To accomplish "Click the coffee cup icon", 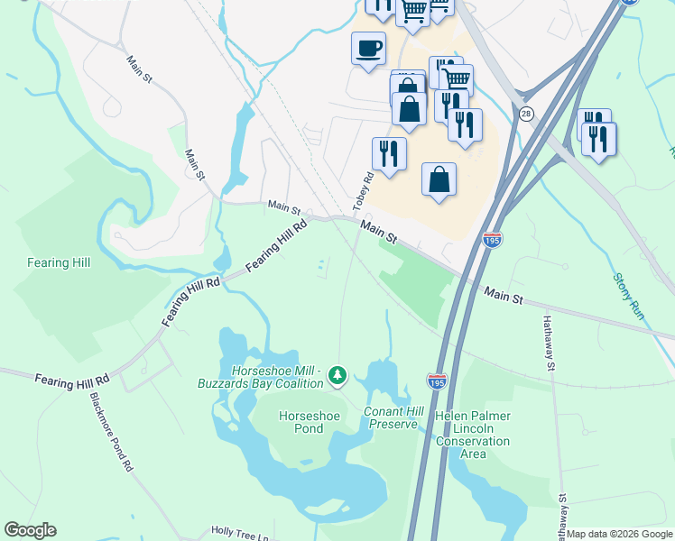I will pos(367,48).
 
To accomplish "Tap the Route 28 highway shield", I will pos(526,114).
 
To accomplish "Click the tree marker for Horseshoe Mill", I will pos(337,373).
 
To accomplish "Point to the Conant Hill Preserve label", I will pos(391,417).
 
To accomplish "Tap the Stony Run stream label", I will pos(627,296).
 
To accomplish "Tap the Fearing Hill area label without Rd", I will pos(60,262).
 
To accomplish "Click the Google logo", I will pos(30,530).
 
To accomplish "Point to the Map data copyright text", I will pos(619,534).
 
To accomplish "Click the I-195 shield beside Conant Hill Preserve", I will pos(437,382).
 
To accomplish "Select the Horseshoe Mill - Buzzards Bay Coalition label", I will pos(261,377).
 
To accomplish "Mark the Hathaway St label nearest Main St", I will pos(548,343).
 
